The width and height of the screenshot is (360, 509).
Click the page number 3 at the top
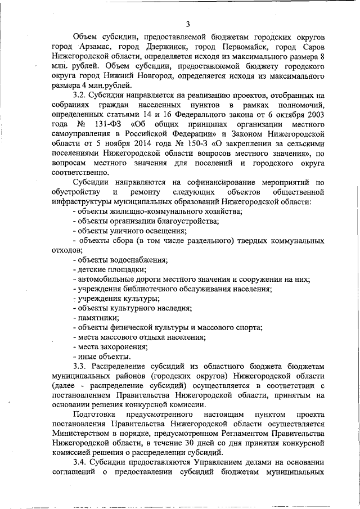(188, 23)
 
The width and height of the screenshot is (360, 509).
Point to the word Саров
(312, 47)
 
